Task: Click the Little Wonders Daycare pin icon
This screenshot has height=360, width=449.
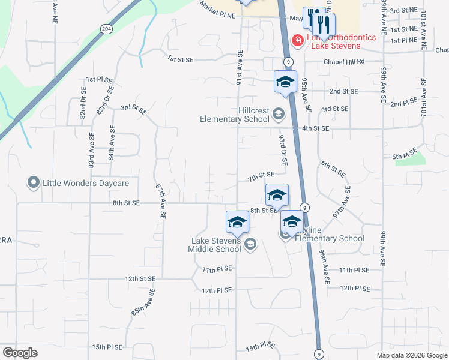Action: (x=34, y=182)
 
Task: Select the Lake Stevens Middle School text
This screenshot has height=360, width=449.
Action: (x=215, y=245)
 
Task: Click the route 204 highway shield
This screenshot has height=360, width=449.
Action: (x=106, y=29)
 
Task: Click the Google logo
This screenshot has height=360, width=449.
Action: (x=20, y=353)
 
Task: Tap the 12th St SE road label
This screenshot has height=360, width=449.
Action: (x=140, y=279)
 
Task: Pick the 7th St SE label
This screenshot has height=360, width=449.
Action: (x=261, y=175)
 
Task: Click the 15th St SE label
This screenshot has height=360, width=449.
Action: (x=107, y=347)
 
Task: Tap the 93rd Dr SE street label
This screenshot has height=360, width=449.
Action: (x=282, y=151)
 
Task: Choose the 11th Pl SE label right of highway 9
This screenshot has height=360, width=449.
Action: (x=354, y=271)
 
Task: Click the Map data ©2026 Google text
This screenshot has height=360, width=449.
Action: (x=411, y=355)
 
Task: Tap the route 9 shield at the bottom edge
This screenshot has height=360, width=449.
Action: (x=318, y=354)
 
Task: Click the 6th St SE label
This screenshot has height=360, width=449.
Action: (x=333, y=169)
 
